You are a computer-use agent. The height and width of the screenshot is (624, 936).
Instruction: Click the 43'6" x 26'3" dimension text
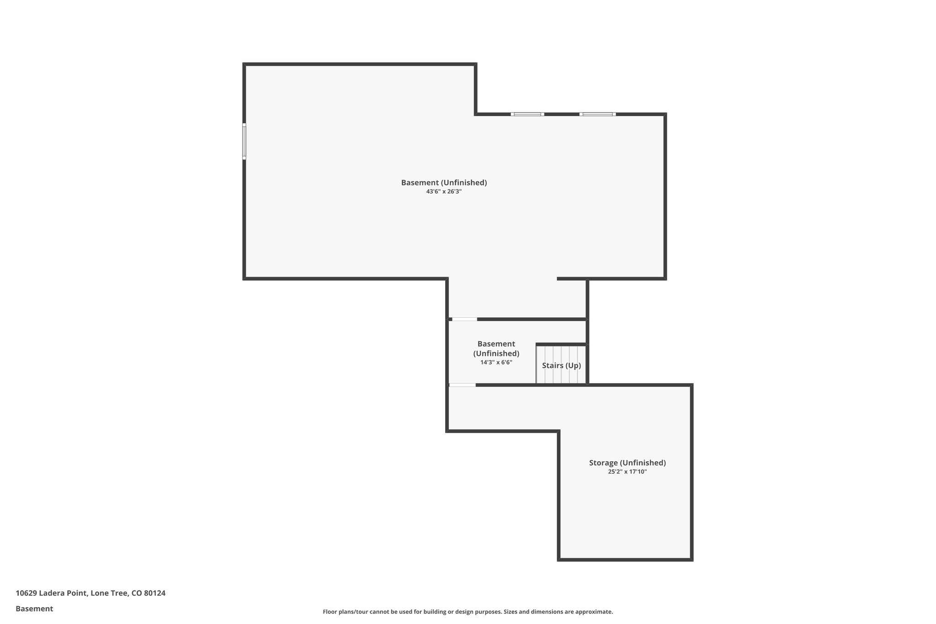pos(444,192)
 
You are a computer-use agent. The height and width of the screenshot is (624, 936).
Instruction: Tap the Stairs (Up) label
pos(561,365)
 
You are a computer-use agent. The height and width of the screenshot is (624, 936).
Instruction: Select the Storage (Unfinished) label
pos(627,463)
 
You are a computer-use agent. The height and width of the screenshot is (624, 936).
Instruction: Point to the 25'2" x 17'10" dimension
pos(627,472)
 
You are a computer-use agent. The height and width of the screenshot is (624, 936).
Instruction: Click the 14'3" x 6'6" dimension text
pos(496,363)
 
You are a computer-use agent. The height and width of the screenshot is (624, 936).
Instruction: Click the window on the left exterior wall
pos(244,141)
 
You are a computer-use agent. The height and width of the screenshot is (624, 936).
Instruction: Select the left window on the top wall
pos(527,114)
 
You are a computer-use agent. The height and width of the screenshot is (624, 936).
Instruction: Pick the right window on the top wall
pos(597,114)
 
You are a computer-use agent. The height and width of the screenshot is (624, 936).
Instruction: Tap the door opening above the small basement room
pos(464,319)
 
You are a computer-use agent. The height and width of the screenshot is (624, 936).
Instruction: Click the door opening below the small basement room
pos(462,385)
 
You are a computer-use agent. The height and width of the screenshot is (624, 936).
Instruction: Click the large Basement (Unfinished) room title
pos(444,182)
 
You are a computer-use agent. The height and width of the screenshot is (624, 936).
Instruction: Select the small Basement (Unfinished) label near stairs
pos(496,348)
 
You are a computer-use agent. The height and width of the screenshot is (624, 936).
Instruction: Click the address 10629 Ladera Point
pos(51,593)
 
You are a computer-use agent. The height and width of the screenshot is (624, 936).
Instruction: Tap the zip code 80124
pos(154,593)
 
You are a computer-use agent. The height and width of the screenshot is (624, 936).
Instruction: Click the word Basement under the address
pos(34,608)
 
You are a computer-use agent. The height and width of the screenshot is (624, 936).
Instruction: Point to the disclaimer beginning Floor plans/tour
pos(468,612)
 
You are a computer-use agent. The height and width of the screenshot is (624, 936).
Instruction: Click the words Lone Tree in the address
pos(109,593)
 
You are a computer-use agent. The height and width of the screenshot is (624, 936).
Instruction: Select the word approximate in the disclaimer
pos(593,612)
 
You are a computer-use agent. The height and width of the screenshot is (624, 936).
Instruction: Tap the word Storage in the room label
pos(603,463)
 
